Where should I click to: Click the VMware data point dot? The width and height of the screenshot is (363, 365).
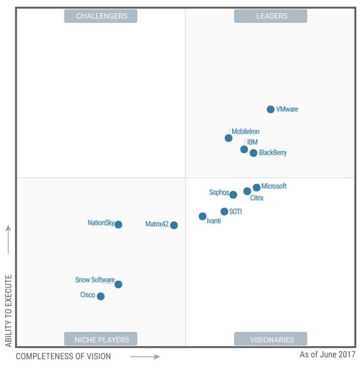coord(270,109)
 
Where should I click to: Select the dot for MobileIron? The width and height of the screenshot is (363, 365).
coord(228,138)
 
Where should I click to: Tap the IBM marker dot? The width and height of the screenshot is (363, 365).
coord(244,149)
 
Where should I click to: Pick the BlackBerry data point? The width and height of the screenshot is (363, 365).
coord(253,153)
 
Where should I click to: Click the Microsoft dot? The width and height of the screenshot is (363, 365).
coord(257,187)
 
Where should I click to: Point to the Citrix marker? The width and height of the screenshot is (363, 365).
coord(247,191)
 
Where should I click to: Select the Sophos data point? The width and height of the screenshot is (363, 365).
coord(233,194)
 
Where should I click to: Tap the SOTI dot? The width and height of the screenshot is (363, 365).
coord(224,211)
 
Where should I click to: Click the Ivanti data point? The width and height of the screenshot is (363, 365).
coord(202,217)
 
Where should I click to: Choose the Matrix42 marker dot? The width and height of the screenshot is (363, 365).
coord(174,225)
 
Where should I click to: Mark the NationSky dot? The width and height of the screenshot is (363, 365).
coord(118,225)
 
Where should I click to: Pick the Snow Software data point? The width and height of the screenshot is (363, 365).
coord(118,284)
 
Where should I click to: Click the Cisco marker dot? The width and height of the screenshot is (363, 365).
coord(100,296)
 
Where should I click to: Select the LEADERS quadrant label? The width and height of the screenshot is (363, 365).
coord(271,16)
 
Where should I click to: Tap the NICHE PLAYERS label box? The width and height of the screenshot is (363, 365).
coord(101,339)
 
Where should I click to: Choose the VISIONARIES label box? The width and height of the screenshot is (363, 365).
coord(271,339)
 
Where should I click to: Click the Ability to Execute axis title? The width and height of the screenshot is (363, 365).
coord(8,311)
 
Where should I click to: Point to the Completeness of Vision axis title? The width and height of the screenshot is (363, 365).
coord(63,356)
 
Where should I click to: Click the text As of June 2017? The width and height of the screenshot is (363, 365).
coord(327,354)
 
